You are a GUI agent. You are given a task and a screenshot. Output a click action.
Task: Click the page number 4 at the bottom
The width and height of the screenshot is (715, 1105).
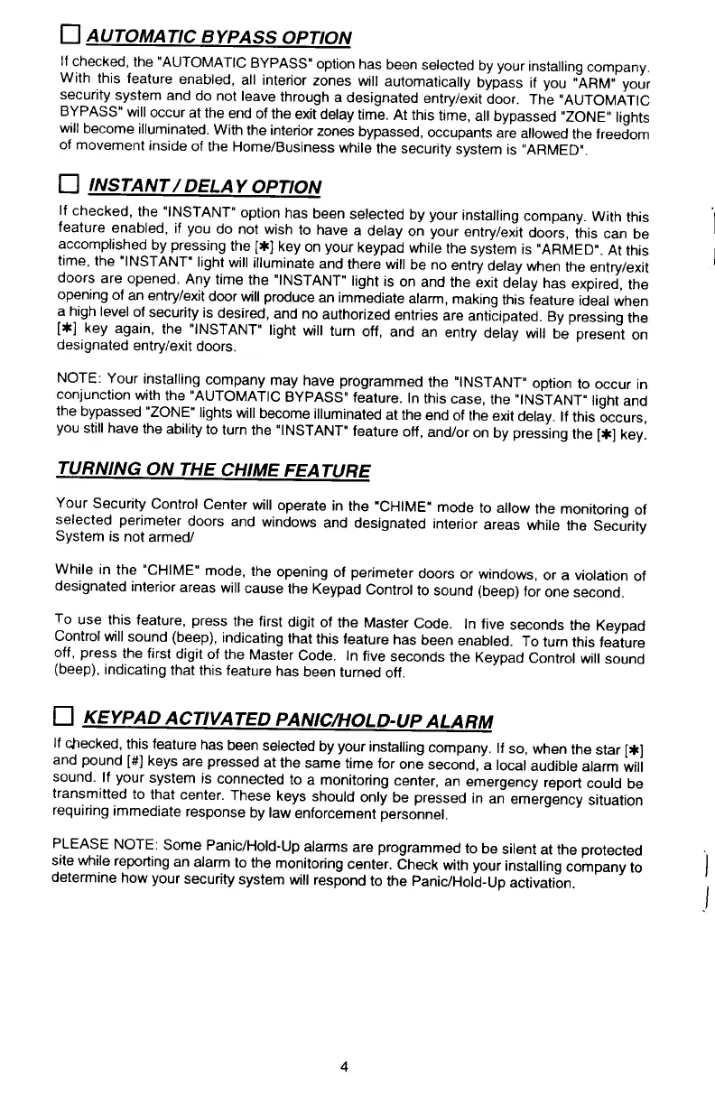pyautogui.click(x=344, y=1065)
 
